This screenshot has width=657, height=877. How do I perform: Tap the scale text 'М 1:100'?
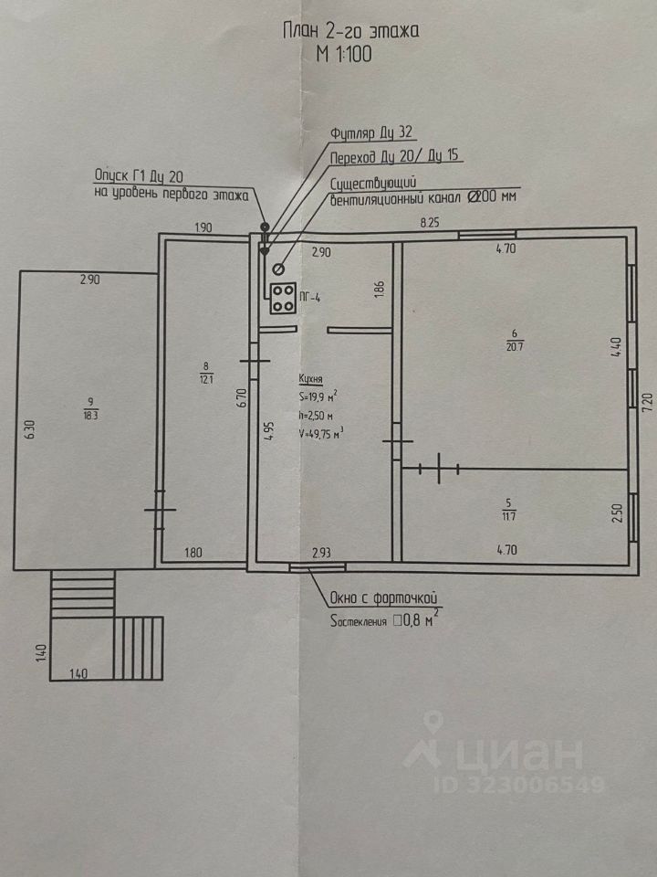click(x=345, y=55)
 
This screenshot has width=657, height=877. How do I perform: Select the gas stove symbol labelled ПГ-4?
click(x=282, y=299)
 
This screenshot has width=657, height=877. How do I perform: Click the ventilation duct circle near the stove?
click(x=277, y=269)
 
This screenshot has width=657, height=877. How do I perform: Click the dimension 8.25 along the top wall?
click(x=429, y=222)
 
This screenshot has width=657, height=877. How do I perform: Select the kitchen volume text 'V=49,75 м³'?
click(x=319, y=434)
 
